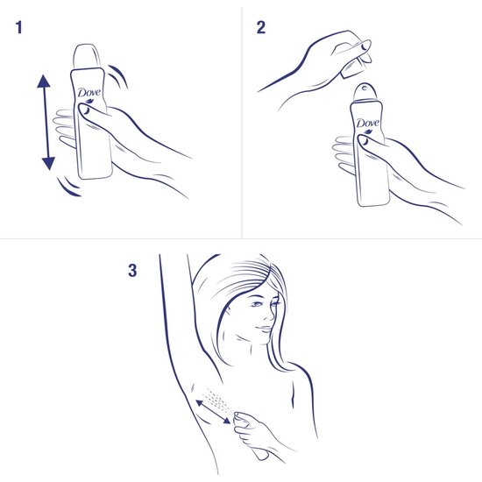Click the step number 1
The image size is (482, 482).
(x=19, y=28)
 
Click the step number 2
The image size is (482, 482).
(x=260, y=28)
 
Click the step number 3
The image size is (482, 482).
(x=133, y=271)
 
